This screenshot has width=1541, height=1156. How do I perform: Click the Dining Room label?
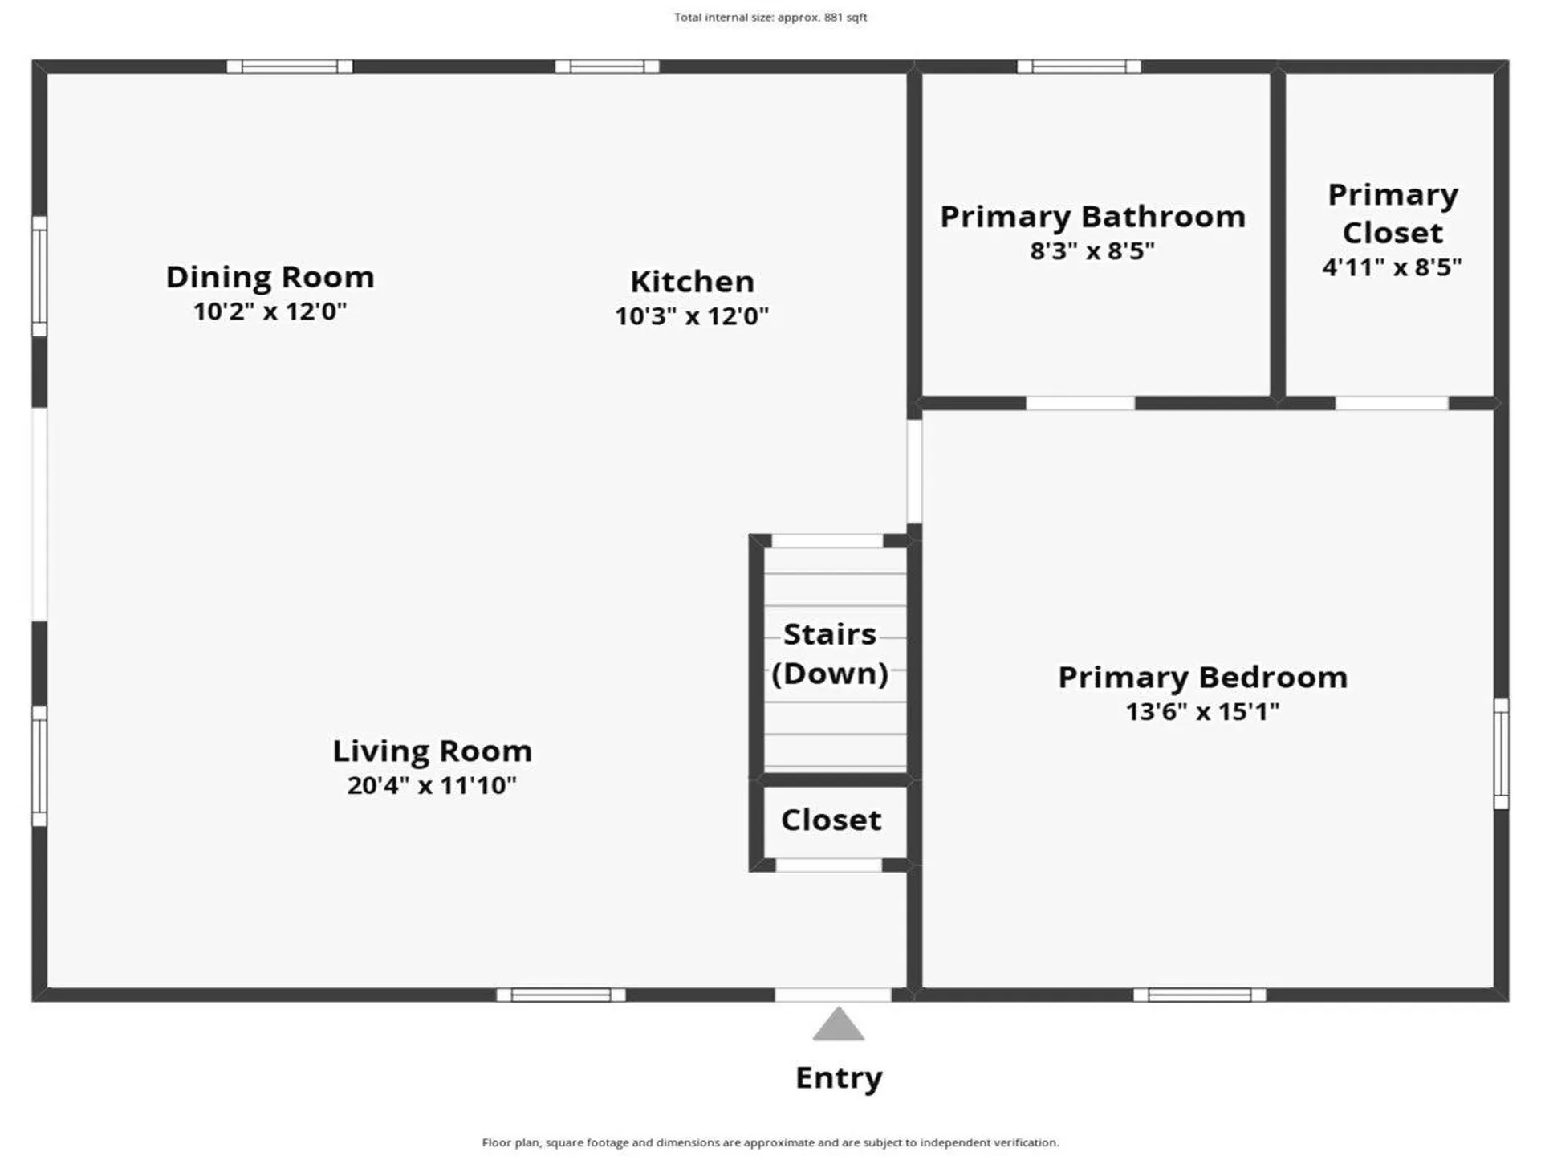[x=270, y=277]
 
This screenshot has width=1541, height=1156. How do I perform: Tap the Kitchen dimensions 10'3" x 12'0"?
[x=692, y=316]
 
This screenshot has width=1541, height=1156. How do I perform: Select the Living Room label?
[x=432, y=751]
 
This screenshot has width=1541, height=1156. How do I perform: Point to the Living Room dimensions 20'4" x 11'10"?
[x=432, y=785]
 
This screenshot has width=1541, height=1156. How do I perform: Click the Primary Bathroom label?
[x=1092, y=217]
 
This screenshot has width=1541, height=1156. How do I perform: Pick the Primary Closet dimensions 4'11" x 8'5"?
[x=1392, y=267]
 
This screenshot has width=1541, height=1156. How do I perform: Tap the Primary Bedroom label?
[x=1202, y=678]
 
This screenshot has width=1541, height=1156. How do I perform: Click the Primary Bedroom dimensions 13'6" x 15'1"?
[x=1202, y=712]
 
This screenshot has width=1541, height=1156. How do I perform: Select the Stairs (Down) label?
[x=830, y=653]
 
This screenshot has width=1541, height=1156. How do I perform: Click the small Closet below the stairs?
[x=831, y=820]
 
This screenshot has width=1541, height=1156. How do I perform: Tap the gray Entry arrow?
[x=838, y=1025]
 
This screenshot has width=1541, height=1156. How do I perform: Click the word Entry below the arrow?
[x=839, y=1077]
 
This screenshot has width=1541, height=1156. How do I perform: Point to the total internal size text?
[x=770, y=17]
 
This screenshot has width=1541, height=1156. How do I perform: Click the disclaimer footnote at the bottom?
[x=770, y=1142]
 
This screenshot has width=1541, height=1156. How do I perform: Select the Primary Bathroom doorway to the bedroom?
[x=1080, y=403]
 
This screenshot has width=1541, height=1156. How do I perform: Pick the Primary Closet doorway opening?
[x=1392, y=403]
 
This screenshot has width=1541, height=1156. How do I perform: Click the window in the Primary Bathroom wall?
[x=1079, y=67]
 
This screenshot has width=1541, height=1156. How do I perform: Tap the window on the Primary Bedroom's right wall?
[x=1501, y=754]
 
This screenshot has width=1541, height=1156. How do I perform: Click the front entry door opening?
[x=833, y=995]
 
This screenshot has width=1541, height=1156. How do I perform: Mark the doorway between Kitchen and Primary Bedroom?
[x=914, y=471]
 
